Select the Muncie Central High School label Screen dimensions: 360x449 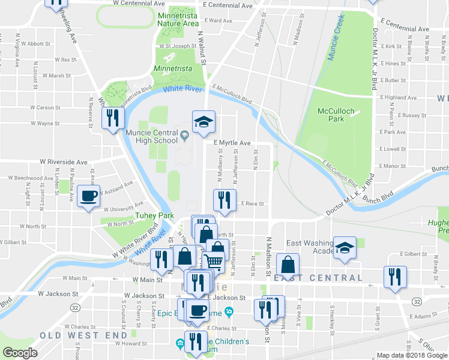(x=152, y=136)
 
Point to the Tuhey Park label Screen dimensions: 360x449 (x=154, y=215)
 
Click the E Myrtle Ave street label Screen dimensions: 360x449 (x=232, y=143)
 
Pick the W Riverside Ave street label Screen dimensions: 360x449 (x=64, y=162)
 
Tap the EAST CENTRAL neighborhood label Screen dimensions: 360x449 (x=318, y=278)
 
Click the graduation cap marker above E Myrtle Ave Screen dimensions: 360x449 (x=203, y=122)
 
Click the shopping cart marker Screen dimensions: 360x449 (x=214, y=262)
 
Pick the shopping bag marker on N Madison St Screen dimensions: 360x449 (x=288, y=265)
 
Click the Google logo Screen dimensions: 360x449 (x=20, y=353)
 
